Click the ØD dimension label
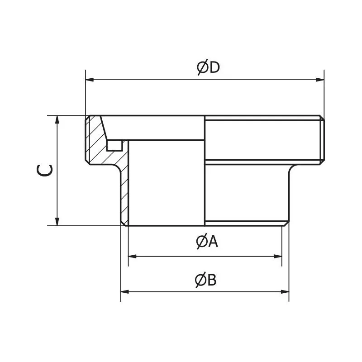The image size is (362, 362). [208, 67]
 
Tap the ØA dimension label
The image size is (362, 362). [207, 242]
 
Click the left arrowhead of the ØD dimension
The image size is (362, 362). [89, 80]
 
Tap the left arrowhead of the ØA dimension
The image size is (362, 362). [132, 256]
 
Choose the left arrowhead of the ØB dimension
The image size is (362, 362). [124, 291]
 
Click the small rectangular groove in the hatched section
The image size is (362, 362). [114, 145]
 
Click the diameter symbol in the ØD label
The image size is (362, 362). [202, 67]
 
